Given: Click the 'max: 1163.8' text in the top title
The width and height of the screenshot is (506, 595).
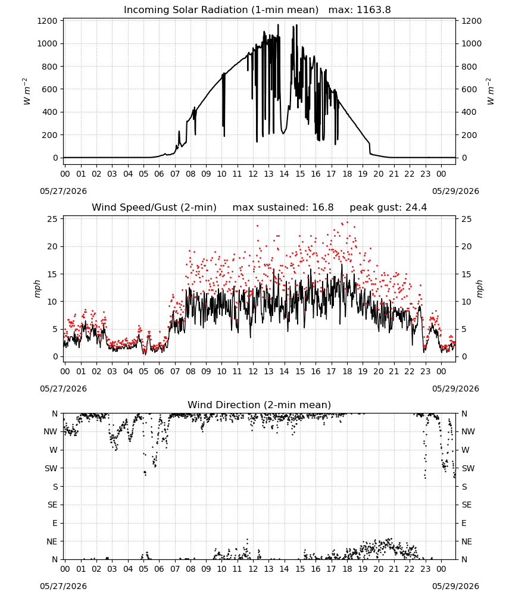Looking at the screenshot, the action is click(x=360, y=10).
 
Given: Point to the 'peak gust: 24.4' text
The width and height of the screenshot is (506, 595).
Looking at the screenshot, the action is click(x=388, y=208).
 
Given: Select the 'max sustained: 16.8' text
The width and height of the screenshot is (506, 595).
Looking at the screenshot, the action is click(x=283, y=208).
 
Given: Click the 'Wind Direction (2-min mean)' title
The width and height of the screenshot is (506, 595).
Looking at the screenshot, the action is click(x=260, y=405).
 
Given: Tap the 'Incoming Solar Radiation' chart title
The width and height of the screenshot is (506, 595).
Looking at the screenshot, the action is click(x=221, y=10).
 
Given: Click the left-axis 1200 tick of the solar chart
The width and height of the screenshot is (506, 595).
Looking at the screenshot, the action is click(x=47, y=21).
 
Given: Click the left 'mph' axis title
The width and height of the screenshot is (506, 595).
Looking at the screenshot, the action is click(x=37, y=289).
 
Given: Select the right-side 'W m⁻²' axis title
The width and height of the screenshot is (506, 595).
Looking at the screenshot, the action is click(x=490, y=92).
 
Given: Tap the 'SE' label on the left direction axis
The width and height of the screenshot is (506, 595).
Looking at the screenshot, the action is click(x=52, y=505).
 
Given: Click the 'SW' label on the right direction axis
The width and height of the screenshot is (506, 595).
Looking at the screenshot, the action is click(x=468, y=468).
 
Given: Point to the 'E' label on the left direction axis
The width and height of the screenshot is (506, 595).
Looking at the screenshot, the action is click(x=55, y=523).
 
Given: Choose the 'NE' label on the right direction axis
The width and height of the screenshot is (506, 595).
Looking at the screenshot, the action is click(x=467, y=541).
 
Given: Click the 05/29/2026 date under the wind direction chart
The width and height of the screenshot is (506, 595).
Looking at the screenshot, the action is click(x=455, y=586).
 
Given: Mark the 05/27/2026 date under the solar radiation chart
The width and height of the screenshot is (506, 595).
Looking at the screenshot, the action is click(x=63, y=191).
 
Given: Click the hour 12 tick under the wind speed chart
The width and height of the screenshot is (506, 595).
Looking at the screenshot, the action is click(x=253, y=371).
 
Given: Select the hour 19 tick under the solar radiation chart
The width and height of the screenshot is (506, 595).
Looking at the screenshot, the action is click(x=363, y=174).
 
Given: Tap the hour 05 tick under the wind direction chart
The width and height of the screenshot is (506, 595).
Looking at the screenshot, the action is click(x=143, y=569).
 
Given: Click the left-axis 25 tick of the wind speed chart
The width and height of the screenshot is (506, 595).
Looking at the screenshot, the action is click(x=52, y=219).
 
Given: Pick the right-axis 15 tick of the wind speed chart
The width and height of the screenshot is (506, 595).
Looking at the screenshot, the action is click(x=467, y=274).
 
